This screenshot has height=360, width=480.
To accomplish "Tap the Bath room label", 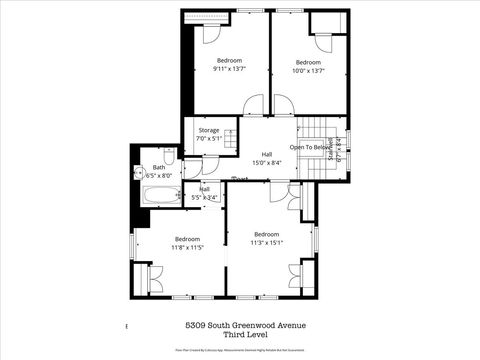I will coord(159,167).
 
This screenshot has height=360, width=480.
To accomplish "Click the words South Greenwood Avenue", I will coord(260,326).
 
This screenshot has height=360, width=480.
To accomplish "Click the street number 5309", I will coord(199,326).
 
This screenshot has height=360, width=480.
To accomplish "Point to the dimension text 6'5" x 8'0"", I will coord(159,176).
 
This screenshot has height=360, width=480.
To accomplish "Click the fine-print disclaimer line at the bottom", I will coord(240,351).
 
